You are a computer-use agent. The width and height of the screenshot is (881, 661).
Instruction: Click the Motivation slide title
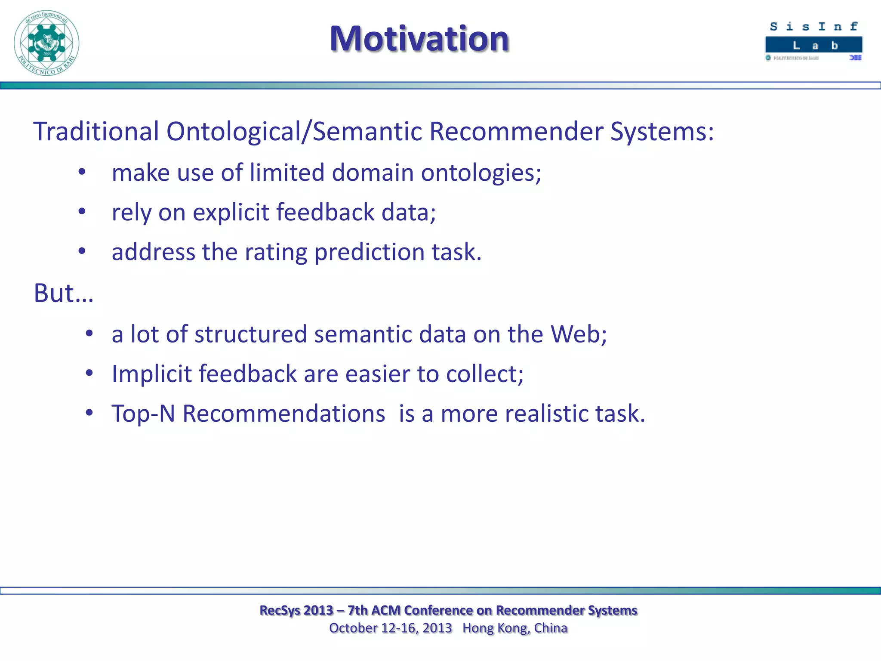(419, 39)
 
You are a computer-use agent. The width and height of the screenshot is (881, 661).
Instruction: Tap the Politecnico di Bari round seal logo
(46, 43)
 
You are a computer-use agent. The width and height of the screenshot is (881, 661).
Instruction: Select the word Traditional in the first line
(96, 131)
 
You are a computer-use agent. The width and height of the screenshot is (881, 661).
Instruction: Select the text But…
(63, 293)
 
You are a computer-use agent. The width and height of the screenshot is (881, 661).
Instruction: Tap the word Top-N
(143, 414)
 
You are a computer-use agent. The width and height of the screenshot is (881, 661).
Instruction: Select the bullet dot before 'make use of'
(82, 172)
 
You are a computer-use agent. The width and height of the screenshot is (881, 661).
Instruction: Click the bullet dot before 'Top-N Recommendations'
(89, 413)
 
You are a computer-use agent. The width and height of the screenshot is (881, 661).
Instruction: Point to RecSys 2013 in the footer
(296, 610)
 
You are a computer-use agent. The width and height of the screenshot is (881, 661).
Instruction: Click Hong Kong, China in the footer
(515, 628)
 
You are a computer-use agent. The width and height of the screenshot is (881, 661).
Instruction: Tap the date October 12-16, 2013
(390, 628)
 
